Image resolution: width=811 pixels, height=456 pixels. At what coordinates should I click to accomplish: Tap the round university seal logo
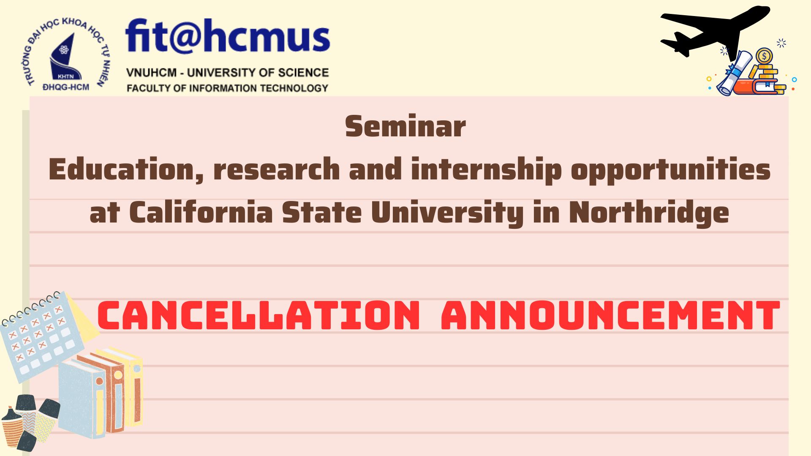coord(65,54)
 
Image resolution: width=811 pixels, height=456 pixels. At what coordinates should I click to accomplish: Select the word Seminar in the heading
coord(405,126)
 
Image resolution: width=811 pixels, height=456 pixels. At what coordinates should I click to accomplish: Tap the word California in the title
coord(201,212)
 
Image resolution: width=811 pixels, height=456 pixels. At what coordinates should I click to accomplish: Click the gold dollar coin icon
coord(764,56)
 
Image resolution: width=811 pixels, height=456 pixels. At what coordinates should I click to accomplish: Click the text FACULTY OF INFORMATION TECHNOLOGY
coord(227,88)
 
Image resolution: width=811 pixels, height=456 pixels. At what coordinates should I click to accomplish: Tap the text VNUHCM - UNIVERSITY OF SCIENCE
coord(227,73)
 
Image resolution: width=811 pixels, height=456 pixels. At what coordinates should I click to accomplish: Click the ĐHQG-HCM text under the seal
coord(66,87)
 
